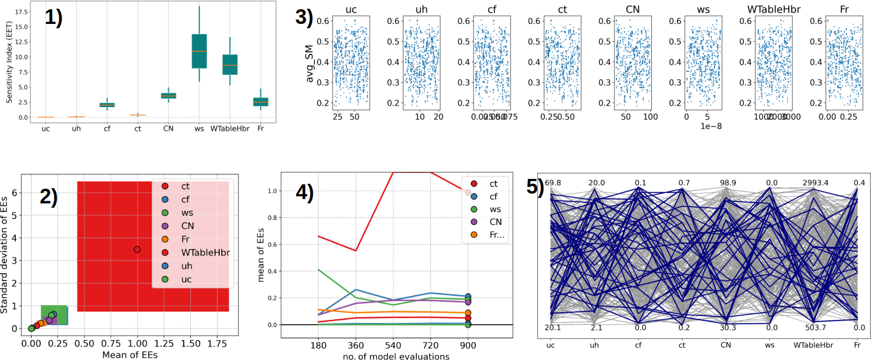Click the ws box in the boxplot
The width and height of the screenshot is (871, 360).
[199, 51]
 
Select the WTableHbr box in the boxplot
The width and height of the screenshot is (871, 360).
[230, 65]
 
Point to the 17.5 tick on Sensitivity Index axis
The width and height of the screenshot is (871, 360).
[21, 11]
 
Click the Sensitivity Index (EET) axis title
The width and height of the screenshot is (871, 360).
[9, 62]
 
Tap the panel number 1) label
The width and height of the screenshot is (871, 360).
[53, 18]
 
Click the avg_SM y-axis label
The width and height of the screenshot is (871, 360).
[310, 64]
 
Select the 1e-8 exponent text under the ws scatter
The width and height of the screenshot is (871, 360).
[711, 126]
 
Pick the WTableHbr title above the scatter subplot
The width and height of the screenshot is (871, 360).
[774, 9]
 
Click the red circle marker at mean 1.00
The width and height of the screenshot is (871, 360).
[137, 250]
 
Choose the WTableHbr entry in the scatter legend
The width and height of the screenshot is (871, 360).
[205, 253]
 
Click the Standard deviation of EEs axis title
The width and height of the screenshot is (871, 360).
[4, 255]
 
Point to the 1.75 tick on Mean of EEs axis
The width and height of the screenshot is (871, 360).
[217, 344]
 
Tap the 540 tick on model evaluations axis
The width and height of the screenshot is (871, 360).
[393, 345]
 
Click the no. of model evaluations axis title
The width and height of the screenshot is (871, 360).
[396, 356]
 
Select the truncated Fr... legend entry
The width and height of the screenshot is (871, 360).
[496, 234]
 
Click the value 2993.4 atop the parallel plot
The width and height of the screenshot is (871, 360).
[815, 183]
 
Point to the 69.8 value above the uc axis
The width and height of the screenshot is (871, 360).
[552, 183]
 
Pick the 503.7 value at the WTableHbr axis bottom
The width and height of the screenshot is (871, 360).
[816, 327]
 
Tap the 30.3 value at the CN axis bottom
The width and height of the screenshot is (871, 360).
[727, 327]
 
